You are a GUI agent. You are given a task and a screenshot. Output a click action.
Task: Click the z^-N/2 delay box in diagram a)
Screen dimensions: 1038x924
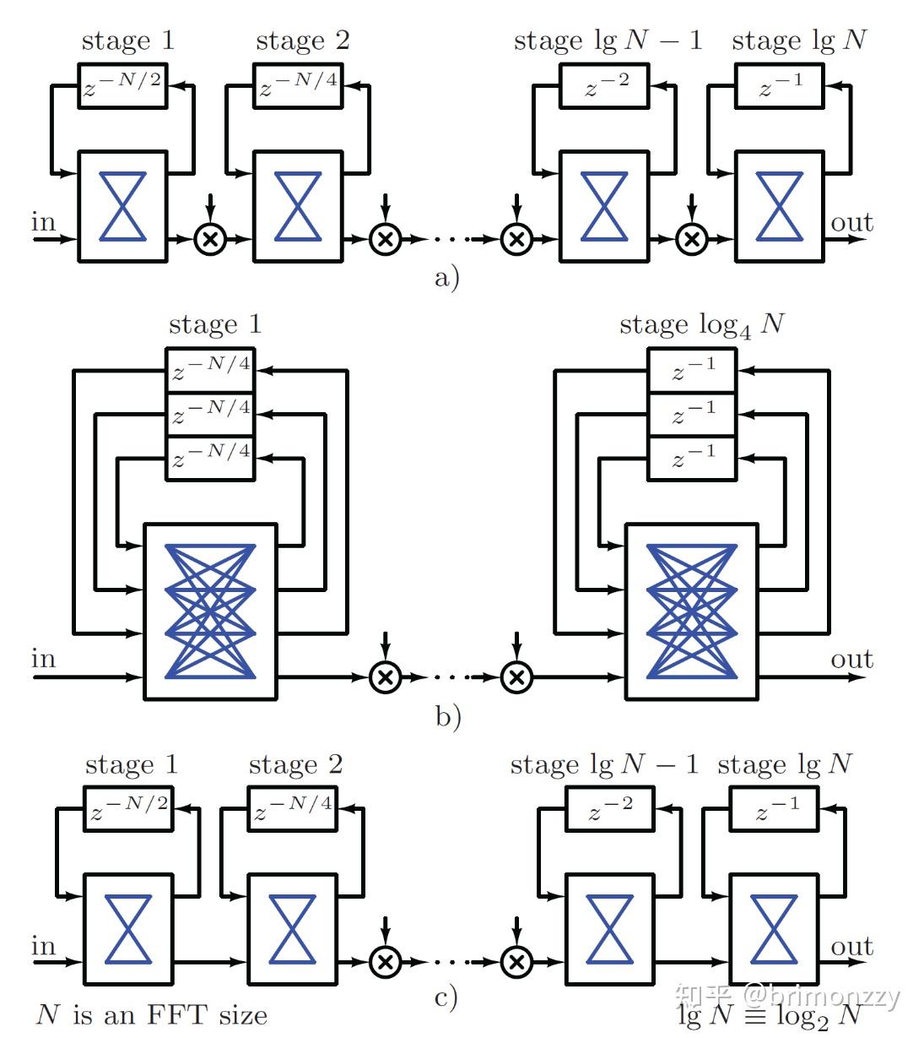(123, 85)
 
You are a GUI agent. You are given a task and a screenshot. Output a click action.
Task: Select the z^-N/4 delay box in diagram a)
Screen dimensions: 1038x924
(298, 85)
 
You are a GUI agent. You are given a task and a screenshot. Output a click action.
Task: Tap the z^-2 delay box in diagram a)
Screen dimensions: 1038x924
(605, 85)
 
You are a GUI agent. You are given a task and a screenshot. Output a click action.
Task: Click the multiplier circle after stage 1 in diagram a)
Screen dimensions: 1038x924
(210, 239)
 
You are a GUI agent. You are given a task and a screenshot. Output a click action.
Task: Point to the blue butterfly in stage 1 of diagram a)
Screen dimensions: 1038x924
(123, 206)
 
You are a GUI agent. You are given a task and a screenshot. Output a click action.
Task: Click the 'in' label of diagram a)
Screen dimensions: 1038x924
(44, 222)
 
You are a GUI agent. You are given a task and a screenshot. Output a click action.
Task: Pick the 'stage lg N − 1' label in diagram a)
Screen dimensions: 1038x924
(608, 41)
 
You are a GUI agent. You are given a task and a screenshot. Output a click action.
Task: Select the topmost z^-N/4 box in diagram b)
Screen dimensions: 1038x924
(210, 369)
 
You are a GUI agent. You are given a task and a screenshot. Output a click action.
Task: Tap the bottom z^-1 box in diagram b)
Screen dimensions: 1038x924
(693, 458)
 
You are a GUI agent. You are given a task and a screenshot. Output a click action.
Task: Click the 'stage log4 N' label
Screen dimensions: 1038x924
(701, 325)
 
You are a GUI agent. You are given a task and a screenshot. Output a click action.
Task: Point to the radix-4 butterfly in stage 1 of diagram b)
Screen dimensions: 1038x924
(210, 611)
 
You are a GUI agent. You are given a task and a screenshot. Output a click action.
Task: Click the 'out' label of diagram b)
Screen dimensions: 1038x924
(851, 659)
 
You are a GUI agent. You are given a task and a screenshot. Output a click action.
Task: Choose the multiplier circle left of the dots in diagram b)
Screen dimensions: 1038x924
(385, 677)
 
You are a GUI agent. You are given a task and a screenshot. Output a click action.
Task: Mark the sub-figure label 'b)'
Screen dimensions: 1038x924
(448, 716)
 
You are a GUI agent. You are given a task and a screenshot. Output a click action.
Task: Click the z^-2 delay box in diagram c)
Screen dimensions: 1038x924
(609, 809)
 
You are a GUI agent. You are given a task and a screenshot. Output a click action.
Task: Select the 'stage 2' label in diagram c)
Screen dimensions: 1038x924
(295, 764)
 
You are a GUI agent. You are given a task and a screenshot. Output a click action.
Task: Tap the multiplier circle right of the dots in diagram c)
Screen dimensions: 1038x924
(516, 961)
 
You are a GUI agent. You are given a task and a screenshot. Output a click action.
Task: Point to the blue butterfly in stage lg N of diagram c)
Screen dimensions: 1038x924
(774, 929)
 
